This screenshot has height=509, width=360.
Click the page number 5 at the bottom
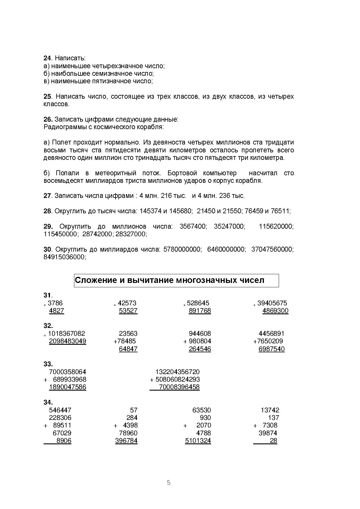point(169,483)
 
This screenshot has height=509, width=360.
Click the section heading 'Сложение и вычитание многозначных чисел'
point(170,280)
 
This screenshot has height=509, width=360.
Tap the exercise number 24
point(47,58)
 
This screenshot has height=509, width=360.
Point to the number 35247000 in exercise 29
point(229,227)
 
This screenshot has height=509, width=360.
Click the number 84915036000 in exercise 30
point(64,257)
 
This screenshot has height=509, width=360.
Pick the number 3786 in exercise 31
point(55,303)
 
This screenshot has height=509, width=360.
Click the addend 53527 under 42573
point(128,311)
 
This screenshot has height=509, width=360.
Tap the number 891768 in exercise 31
point(200,311)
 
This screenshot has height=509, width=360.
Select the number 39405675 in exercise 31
point(272,303)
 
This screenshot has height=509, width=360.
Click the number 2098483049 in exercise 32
point(68,341)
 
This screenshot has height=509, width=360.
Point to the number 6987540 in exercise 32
point(271,349)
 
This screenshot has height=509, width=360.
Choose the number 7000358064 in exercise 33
point(68,372)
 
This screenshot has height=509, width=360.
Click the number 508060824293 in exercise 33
point(177,380)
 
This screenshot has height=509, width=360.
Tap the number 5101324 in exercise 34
point(198,441)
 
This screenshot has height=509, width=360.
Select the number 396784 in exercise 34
point(126,441)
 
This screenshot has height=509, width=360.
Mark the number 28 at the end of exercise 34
point(273,441)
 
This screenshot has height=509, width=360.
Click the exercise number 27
point(47,196)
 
